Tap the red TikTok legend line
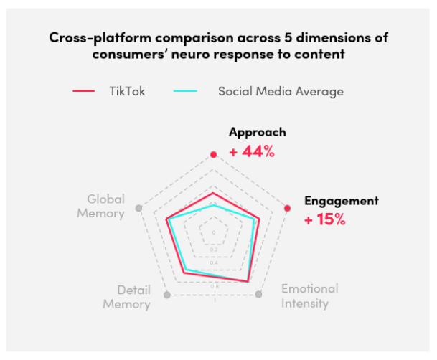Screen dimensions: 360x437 click(84, 92)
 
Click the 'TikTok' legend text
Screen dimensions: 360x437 click(127, 92)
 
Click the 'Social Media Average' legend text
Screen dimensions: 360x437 click(281, 92)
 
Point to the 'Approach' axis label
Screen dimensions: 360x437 click(257, 133)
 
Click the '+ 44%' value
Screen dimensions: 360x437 click(251, 151)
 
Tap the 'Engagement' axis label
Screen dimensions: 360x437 click(341, 201)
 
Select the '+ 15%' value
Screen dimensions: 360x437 click(325, 219)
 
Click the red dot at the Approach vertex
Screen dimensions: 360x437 click(213, 155)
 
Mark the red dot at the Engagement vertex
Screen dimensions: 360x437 click(288, 209)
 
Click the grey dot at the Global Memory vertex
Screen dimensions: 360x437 click(138, 209)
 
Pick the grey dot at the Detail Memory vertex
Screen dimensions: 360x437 click(167, 295)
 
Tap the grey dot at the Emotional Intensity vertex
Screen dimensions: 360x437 click(259, 295)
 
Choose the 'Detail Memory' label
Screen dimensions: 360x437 click(126, 297)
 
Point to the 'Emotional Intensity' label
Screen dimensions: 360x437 click(309, 296)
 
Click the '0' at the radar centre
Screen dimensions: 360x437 click(213, 233)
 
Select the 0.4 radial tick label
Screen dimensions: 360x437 click(213, 263)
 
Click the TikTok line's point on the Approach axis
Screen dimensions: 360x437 click(213, 193)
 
